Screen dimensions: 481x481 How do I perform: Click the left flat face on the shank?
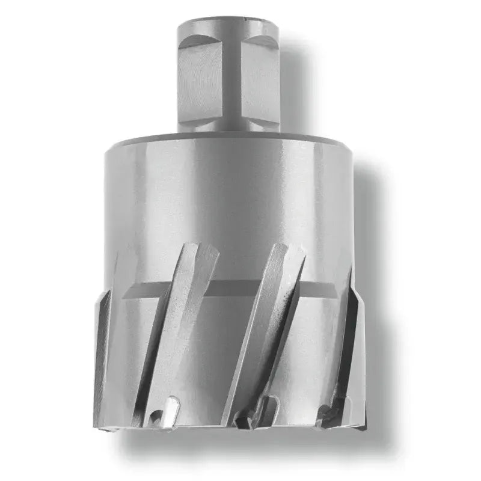click(x=202, y=84)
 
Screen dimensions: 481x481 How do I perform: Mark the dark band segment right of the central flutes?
click(x=319, y=289)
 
